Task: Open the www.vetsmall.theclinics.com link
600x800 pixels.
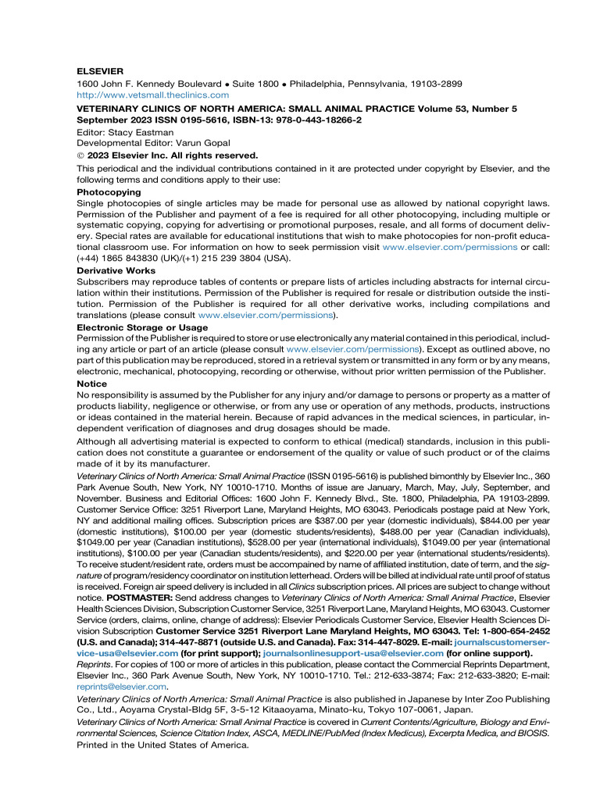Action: coord(153,95)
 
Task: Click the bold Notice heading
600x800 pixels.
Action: coord(92,384)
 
